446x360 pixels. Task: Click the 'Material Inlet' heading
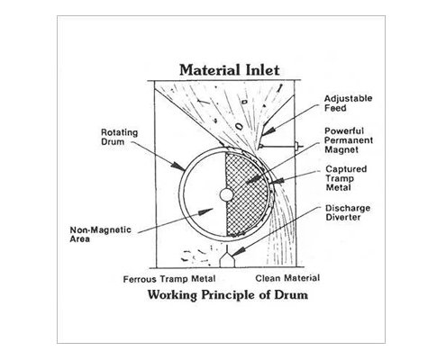[x=230, y=70]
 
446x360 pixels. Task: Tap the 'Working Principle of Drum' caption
[x=228, y=294]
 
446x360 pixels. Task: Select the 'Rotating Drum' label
[x=119, y=137]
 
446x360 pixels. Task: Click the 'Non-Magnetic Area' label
[x=100, y=234]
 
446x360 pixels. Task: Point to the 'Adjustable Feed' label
[x=348, y=103]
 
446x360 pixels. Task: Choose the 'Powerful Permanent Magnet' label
[x=349, y=140]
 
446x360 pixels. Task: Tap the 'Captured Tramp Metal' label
[x=346, y=178]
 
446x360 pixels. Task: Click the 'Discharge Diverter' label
[x=348, y=212]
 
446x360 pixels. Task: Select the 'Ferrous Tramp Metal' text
[x=169, y=279]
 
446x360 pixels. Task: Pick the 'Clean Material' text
[x=287, y=278]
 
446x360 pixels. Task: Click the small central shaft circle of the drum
[x=226, y=195]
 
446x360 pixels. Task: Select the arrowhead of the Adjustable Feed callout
[x=269, y=130]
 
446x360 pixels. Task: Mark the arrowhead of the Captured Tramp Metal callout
[x=277, y=181]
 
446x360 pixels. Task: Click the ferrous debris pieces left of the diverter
[x=196, y=256]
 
